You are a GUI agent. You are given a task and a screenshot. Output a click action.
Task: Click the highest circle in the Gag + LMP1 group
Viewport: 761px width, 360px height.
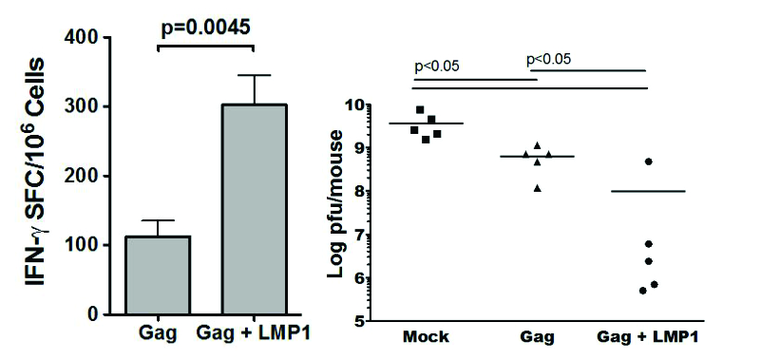(648, 161)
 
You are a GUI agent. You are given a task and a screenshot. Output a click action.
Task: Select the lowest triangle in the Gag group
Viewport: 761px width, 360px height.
(539, 187)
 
